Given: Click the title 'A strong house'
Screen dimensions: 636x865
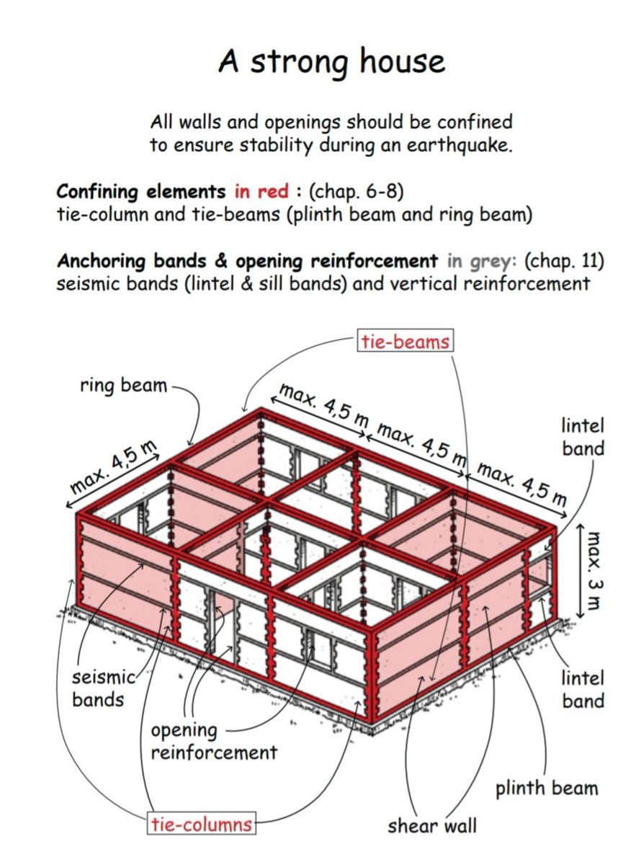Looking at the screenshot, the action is click(x=332, y=62).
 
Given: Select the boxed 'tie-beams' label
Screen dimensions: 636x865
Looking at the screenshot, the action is click(x=406, y=341).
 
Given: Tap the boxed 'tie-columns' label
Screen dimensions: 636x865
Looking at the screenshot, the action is click(x=202, y=824).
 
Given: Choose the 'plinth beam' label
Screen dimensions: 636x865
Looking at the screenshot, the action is click(x=546, y=787).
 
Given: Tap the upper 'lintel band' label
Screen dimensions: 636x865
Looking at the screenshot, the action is click(x=583, y=437).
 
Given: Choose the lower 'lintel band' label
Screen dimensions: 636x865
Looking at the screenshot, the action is click(x=583, y=688).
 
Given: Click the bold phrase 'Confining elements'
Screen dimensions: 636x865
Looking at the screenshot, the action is click(x=142, y=193).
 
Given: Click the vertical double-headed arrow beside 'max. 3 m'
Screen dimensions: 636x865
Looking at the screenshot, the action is click(x=578, y=571).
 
